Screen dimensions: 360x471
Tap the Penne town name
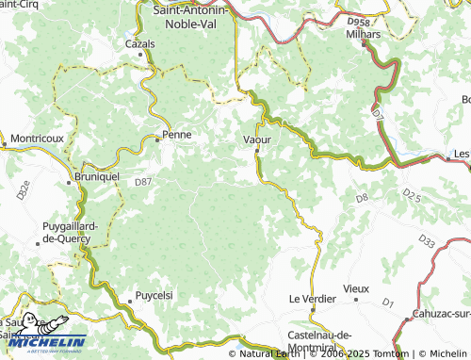click(x=177, y=135)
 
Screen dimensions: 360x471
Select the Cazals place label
click(x=139, y=43)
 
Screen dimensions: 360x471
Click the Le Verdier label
click(x=311, y=299)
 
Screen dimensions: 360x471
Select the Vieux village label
click(x=356, y=287)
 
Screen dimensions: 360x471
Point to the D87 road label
click(x=142, y=181)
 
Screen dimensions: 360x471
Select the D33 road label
click(x=428, y=243)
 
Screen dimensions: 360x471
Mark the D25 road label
click(x=411, y=194)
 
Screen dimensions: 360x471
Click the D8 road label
click(x=362, y=197)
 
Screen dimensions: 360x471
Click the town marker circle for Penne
click(x=157, y=139)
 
